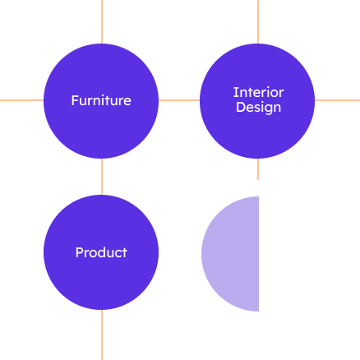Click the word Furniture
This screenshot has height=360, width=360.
point(101,100)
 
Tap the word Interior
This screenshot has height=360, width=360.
point(258,92)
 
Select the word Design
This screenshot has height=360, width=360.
point(258,108)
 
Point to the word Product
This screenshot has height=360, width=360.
point(101,252)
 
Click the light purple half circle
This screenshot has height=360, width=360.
point(230,254)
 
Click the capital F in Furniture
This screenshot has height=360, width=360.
point(75,100)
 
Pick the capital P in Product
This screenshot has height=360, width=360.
point(79,252)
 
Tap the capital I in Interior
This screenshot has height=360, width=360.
point(235,92)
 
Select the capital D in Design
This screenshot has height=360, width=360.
point(240,107)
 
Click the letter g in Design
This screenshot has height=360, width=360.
point(266,108)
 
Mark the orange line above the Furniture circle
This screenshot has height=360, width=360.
point(102,21)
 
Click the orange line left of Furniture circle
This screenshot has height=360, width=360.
point(21,100)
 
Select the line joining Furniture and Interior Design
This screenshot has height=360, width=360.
point(179,100)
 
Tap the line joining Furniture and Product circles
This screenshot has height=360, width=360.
point(102,177)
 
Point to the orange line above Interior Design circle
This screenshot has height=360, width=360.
point(258,21)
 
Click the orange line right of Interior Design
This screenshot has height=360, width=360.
point(337,100)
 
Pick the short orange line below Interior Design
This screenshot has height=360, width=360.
point(258,169)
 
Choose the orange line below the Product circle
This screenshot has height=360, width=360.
point(102,335)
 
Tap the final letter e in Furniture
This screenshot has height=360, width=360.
point(127,102)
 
